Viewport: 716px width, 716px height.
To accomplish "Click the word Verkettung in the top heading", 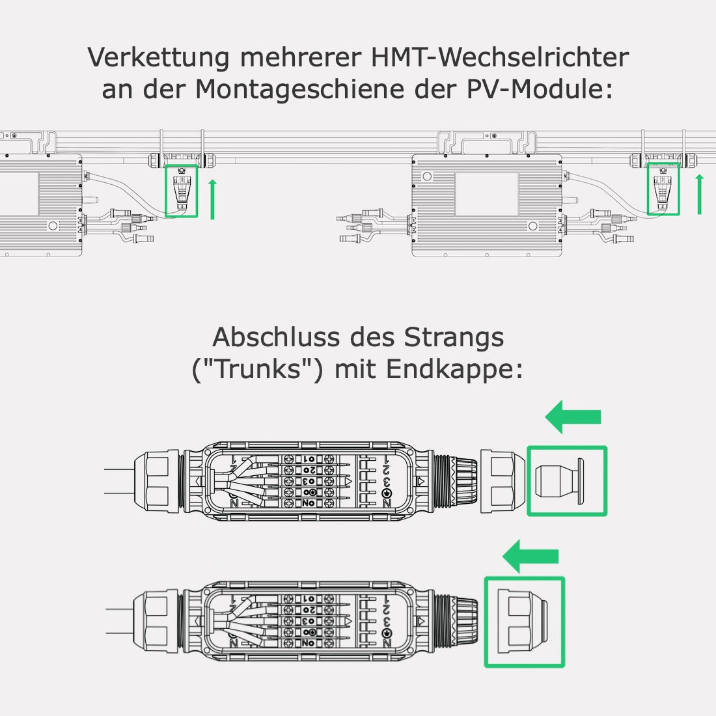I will [x=158, y=57].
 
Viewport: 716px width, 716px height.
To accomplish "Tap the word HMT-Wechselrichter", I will [x=500, y=57].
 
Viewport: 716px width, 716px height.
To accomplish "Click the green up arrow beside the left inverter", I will [x=212, y=199].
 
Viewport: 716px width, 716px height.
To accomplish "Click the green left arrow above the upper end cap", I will [x=573, y=417].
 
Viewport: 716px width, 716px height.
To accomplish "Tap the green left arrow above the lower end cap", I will [x=531, y=556].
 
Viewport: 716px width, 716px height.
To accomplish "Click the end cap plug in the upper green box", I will [x=560, y=481].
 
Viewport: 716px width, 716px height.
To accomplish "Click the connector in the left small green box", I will [x=182, y=189].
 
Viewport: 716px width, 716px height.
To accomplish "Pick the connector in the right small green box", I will [x=663, y=188].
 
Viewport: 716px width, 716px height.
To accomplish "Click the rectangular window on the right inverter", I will [x=486, y=195].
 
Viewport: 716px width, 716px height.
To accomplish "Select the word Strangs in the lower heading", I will [x=454, y=338].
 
